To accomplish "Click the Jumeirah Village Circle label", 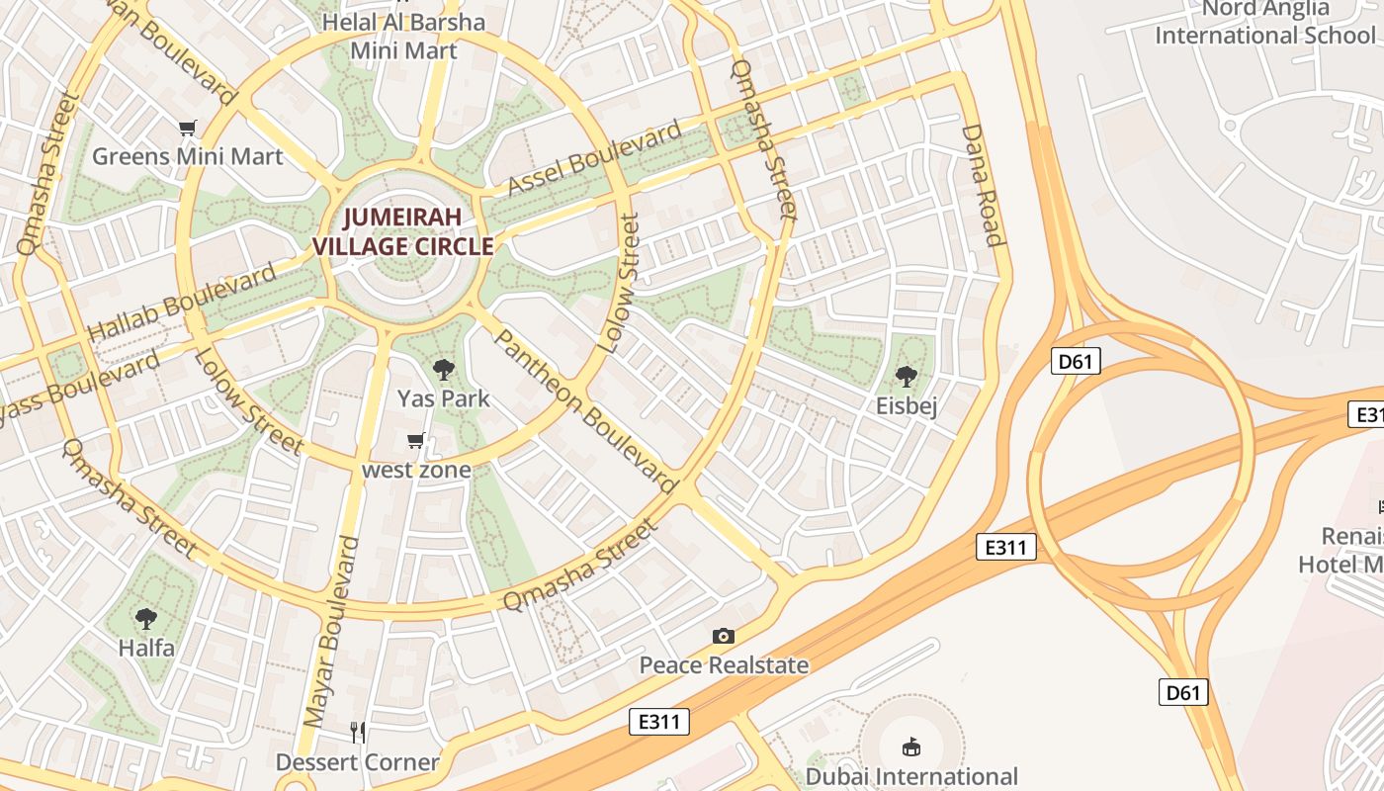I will coord(403,231).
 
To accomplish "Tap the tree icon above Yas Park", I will coord(444,371).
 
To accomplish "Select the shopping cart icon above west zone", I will coord(416,441).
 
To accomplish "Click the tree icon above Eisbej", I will coord(906,377).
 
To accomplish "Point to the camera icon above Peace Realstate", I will coord(724,637).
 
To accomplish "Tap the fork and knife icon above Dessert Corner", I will coord(358,733).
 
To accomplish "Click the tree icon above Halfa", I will coord(146,620).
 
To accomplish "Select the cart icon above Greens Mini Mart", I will coord(188,128).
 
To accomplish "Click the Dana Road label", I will coord(983,185).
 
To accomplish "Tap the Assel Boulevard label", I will coord(595,158).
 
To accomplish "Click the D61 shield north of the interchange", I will coord(1075,362).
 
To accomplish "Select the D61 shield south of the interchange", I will coord(1182,692).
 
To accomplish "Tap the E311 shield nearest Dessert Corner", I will coord(659,722).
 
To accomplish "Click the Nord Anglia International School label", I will coord(1265,23).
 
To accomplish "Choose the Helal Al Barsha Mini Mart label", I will coord(404,36).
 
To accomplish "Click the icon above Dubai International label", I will coord(910,747).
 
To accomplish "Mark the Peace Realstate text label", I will coord(724,665).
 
